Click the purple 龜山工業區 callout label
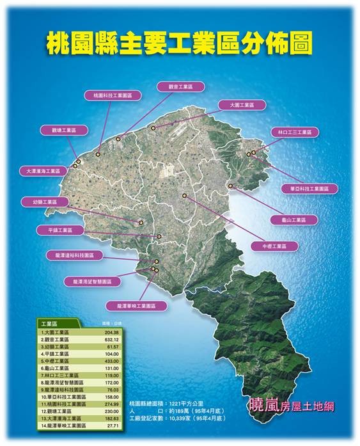pos(293,219)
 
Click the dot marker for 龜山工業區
pos(230,186)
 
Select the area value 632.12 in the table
pos(110,339)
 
